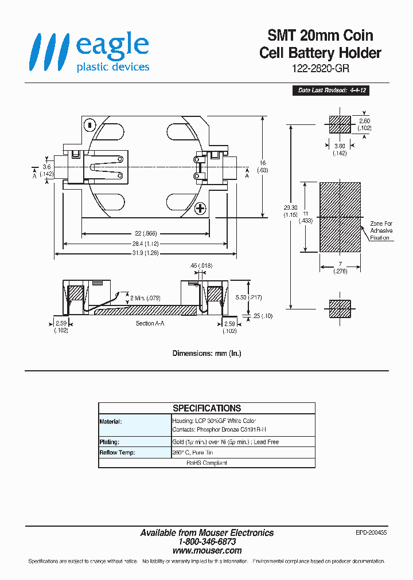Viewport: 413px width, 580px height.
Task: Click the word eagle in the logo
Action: [x=112, y=46]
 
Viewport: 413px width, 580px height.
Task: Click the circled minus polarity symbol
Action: [x=89, y=124]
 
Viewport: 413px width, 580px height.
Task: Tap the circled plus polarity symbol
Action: [x=200, y=208]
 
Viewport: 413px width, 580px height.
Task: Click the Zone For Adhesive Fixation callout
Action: [x=381, y=230]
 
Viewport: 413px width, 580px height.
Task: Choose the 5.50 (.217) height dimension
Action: [x=248, y=297]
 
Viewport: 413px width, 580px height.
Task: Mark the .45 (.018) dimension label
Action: [x=197, y=266]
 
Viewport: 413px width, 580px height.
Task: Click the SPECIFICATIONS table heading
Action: [x=206, y=408]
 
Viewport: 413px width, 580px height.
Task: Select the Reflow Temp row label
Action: [x=117, y=452]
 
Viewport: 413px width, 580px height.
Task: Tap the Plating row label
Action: [x=109, y=442]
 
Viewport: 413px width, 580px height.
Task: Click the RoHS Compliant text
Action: [x=206, y=463]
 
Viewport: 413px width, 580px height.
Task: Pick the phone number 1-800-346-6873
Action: [x=207, y=542]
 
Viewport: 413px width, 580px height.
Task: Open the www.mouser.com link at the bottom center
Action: [x=207, y=550]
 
